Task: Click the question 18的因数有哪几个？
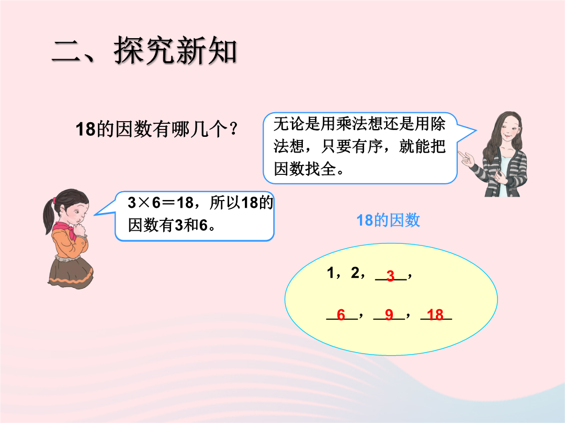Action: coord(157,129)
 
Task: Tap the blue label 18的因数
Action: coord(388,220)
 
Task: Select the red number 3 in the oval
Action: coord(391,276)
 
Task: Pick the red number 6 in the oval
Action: coord(341,315)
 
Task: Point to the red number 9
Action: coord(389,315)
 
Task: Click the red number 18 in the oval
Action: coord(435,315)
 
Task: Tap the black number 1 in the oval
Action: coord(331,273)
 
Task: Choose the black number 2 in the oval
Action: coord(355,273)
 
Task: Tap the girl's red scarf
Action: coord(69,230)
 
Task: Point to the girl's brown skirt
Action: coord(70,272)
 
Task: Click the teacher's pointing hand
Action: coord(467,158)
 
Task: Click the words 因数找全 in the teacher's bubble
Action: coord(305,169)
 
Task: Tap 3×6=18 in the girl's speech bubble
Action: coord(161,203)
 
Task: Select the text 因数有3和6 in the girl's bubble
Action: coord(168,225)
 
